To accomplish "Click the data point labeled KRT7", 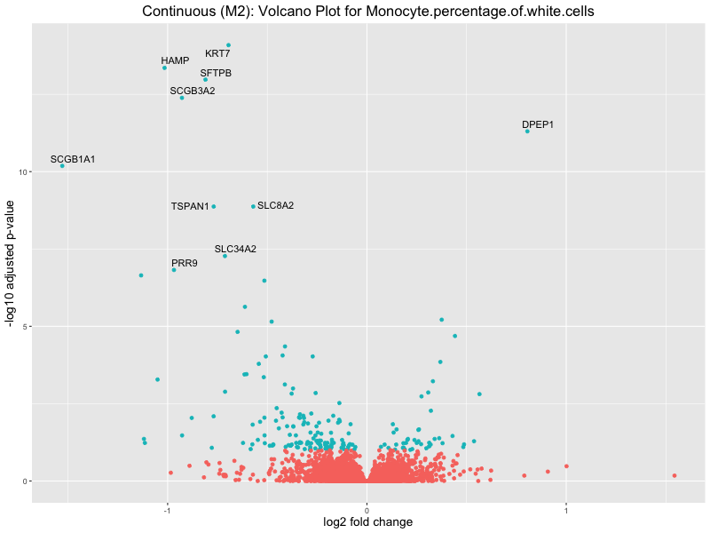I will pyautogui.click(x=228, y=45).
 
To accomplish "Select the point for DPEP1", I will pyautogui.click(x=527, y=131).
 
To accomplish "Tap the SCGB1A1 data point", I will pyautogui.click(x=62, y=166).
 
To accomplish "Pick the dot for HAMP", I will pyautogui.click(x=164, y=68).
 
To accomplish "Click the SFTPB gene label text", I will pyautogui.click(x=216, y=73).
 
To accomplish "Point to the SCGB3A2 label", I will pyautogui.click(x=193, y=91).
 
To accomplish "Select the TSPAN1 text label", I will pyautogui.click(x=190, y=207).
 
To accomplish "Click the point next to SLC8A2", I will pyautogui.click(x=253, y=206).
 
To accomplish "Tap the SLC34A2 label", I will pyautogui.click(x=235, y=249).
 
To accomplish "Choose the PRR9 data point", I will pyautogui.click(x=174, y=269).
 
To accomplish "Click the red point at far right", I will pyautogui.click(x=674, y=475).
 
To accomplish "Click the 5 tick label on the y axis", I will pyautogui.click(x=25, y=326).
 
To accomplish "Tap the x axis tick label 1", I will pyautogui.click(x=566, y=510).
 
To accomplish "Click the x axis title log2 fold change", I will pyautogui.click(x=367, y=522).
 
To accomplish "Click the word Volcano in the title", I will pyautogui.click(x=281, y=12).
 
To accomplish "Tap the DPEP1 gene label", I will pyautogui.click(x=538, y=124).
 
